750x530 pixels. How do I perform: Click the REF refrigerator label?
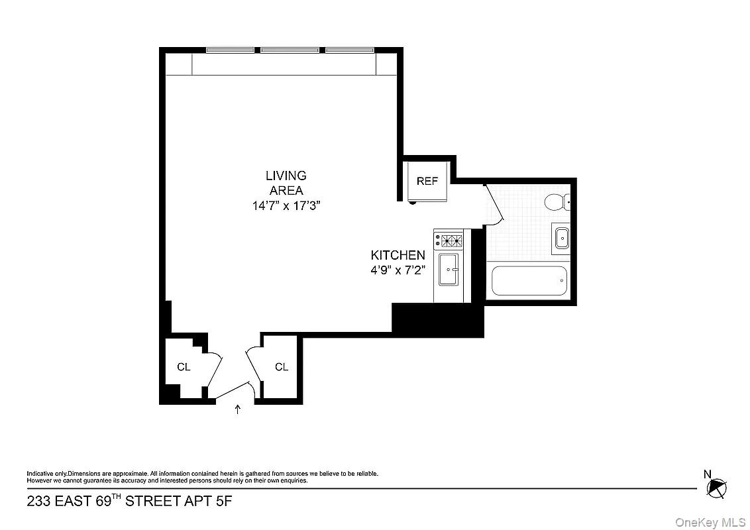click(427, 181)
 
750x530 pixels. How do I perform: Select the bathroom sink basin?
click(561, 237)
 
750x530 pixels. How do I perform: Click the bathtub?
click(529, 280)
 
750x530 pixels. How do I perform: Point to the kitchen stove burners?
click(449, 240)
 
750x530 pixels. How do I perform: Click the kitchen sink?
click(449, 270)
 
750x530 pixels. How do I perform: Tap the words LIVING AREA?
click(286, 183)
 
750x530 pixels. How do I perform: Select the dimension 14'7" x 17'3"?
click(286, 205)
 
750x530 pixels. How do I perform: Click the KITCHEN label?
click(398, 255)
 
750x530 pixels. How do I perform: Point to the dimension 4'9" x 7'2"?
click(398, 270)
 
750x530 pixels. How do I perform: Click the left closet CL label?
click(184, 367)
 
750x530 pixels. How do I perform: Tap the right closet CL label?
click(282, 367)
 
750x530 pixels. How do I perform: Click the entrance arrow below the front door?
click(238, 409)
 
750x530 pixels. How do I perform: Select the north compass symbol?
click(716, 489)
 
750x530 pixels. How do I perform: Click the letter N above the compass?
click(707, 473)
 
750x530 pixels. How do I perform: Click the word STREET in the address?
click(153, 501)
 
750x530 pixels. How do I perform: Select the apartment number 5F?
click(223, 501)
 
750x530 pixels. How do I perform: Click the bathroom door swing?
click(496, 205)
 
